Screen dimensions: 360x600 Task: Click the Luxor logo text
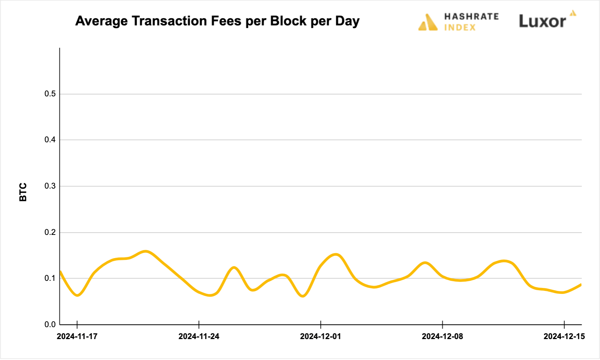click(542, 21)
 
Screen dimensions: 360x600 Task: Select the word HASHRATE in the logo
click(471, 16)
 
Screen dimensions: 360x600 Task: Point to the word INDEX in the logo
click(460, 28)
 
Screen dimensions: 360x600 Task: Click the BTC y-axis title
click(23, 192)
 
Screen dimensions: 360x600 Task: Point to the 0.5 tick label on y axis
click(50, 94)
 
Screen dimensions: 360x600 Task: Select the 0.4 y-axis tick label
click(50, 140)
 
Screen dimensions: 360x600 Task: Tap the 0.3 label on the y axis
click(50, 186)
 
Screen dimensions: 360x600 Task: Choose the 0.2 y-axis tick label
click(50, 232)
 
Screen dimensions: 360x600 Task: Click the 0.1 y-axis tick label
click(50, 278)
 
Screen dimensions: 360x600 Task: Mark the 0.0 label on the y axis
click(50, 325)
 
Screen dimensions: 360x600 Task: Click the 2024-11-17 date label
click(77, 336)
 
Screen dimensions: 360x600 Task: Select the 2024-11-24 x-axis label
click(199, 336)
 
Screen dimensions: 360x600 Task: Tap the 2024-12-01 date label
click(321, 336)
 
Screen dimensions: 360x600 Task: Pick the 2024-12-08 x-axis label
click(442, 336)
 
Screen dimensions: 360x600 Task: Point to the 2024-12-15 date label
click(564, 336)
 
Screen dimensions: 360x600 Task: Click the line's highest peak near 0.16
click(145, 251)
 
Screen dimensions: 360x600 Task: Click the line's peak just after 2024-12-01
click(336, 255)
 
